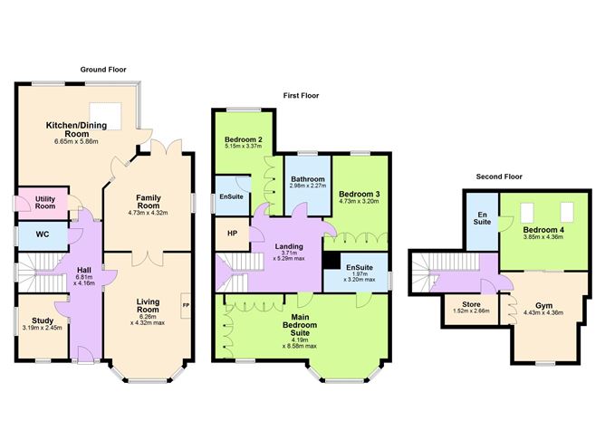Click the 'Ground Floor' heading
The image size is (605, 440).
[102, 69]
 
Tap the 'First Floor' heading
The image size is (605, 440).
[301, 95]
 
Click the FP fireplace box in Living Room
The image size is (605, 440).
[187, 306]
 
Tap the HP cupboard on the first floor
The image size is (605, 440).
[232, 234]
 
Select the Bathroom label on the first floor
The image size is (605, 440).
[308, 179]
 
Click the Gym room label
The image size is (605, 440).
[543, 306]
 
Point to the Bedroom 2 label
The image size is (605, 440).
[243, 139]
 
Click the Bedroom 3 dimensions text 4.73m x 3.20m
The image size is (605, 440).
[360, 204]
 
